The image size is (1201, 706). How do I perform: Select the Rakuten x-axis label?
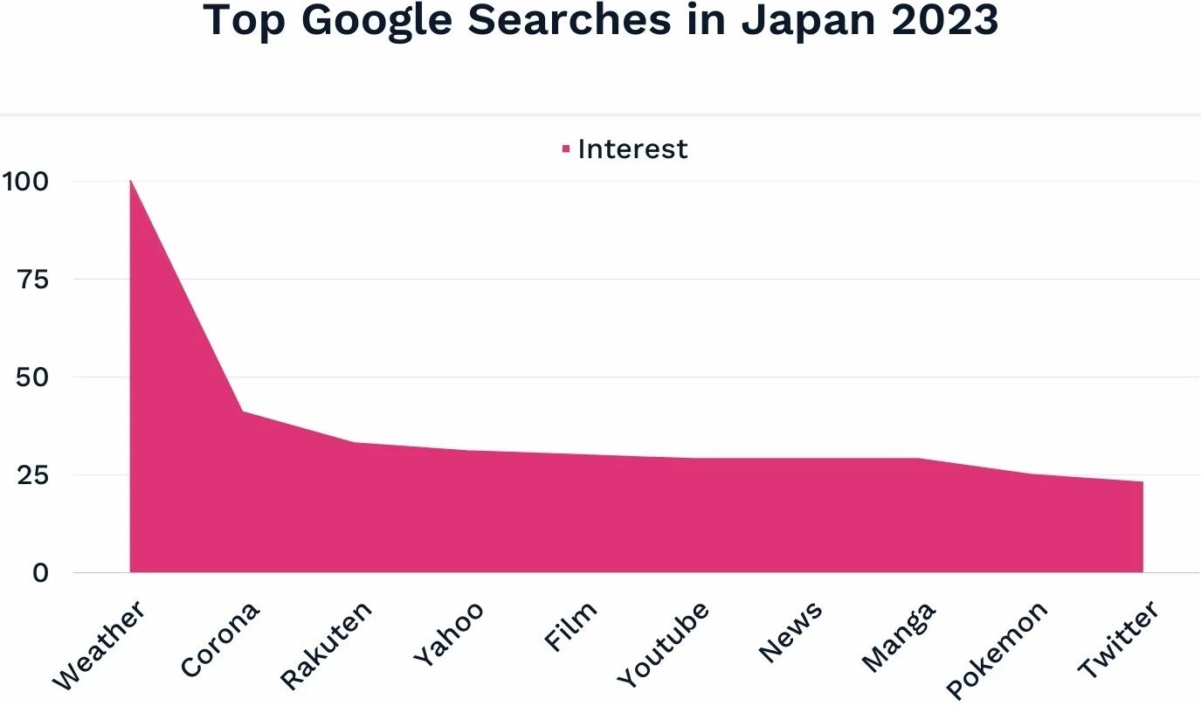click(327, 644)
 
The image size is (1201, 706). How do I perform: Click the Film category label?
click(570, 626)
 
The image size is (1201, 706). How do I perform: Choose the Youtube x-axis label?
click(663, 644)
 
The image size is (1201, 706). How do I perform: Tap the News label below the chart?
click(790, 632)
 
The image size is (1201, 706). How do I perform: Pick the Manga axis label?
click(898, 637)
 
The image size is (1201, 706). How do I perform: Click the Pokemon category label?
click(997, 650)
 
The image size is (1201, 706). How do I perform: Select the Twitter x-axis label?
click(1118, 640)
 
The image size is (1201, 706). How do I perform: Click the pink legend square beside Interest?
click(566, 149)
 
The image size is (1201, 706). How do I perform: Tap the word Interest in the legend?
click(632, 149)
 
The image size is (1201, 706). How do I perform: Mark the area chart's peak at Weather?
click(130, 181)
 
